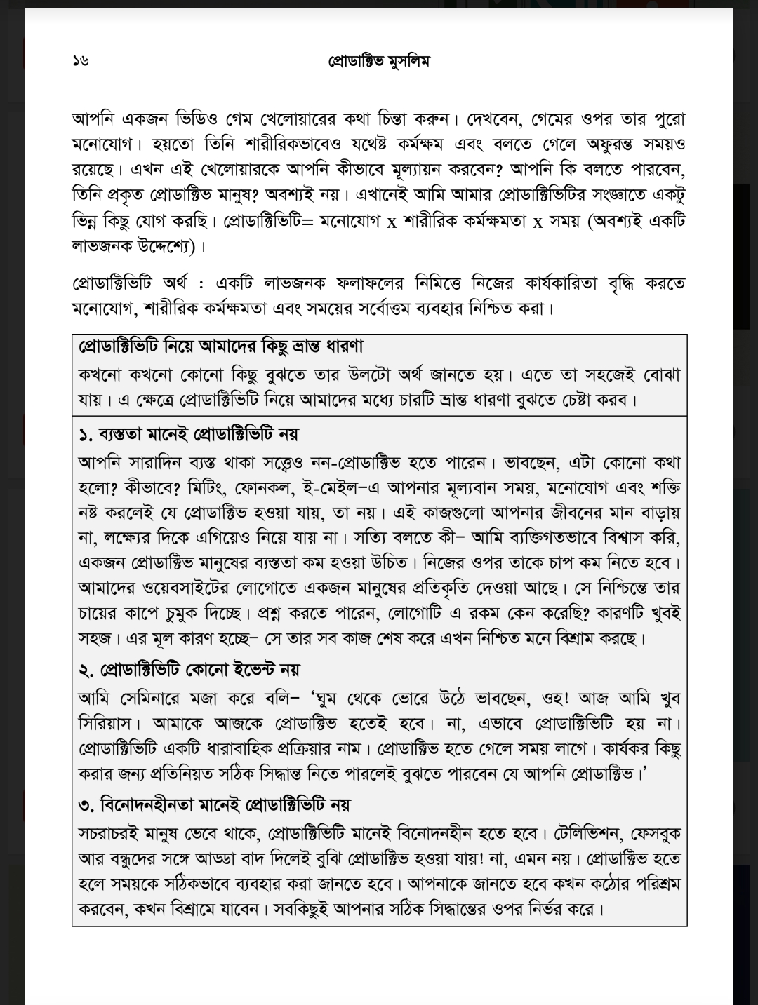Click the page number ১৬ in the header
click(80, 60)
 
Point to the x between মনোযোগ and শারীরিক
click(392, 222)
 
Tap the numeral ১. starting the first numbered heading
click(86, 434)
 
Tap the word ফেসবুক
click(656, 834)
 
